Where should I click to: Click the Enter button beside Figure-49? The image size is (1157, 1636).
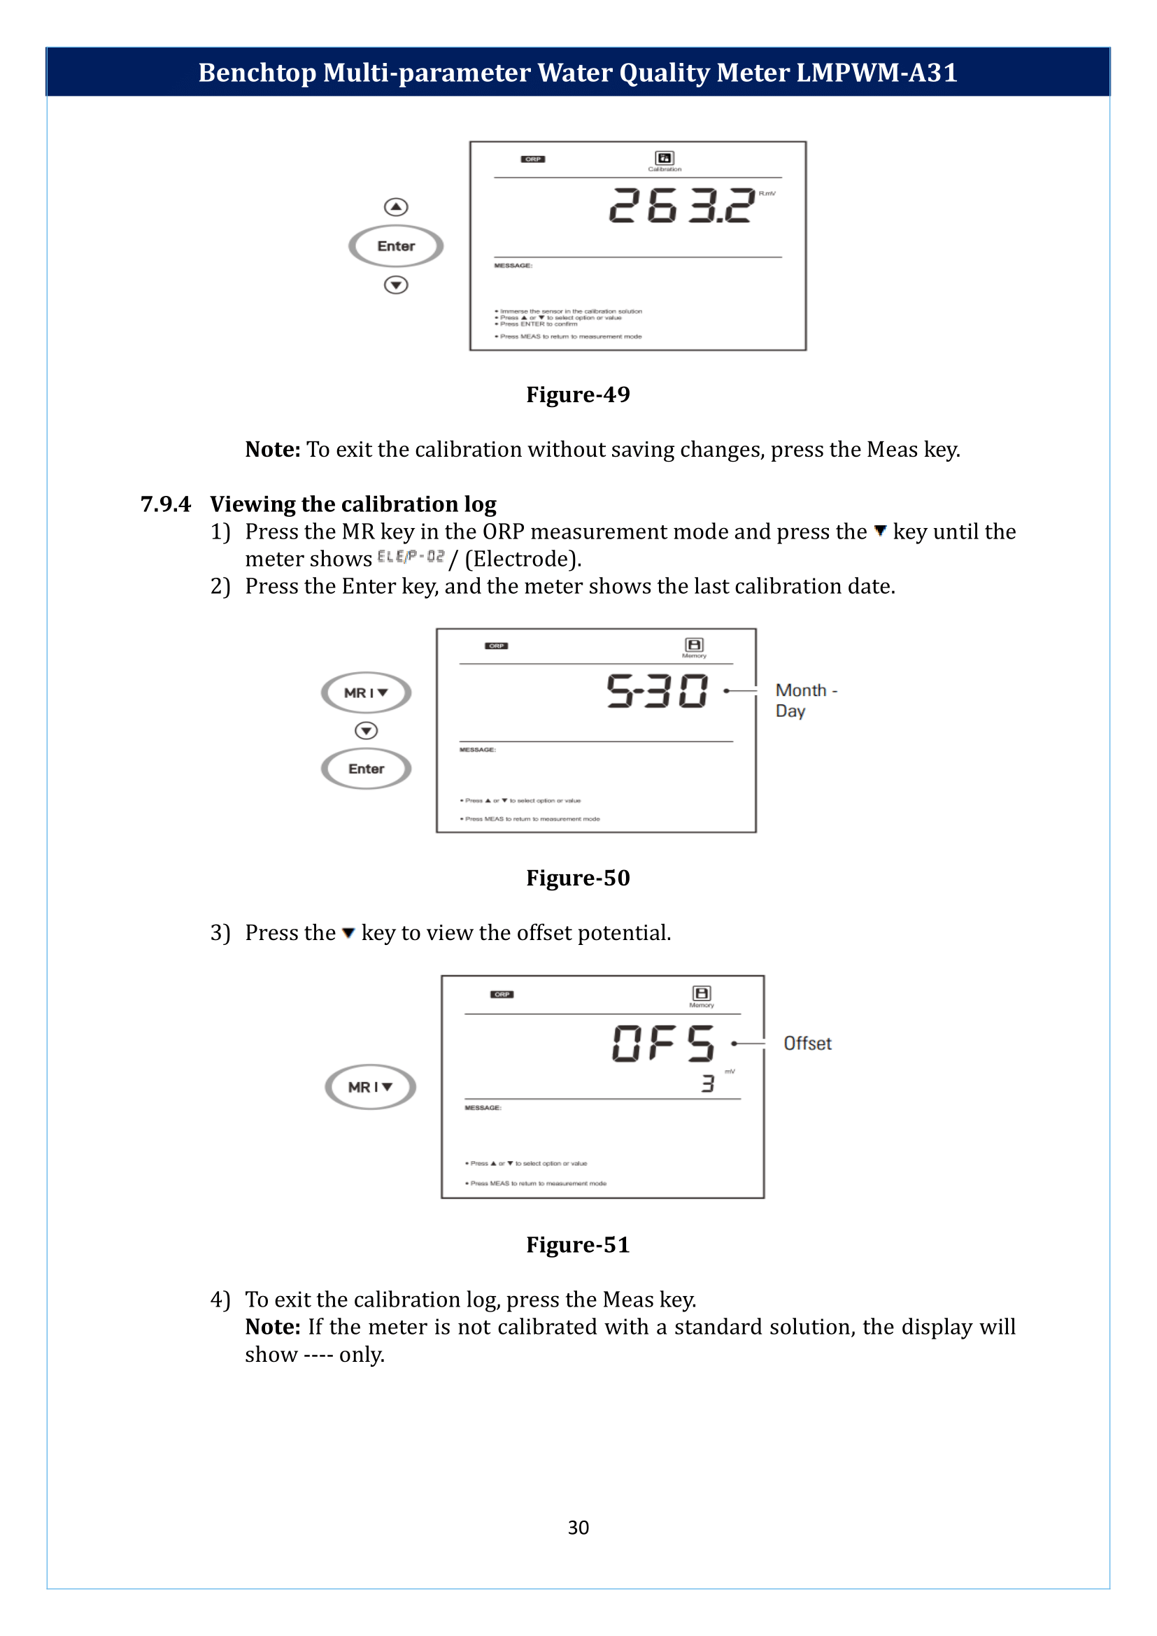point(395,246)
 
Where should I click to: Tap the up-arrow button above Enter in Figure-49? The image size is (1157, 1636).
point(395,206)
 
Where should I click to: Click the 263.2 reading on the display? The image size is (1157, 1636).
point(681,206)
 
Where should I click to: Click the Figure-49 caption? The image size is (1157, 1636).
point(578,394)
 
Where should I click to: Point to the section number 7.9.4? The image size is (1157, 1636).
point(165,504)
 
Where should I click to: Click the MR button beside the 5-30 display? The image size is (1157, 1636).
point(366,692)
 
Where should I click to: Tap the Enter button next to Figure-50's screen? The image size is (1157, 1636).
point(366,769)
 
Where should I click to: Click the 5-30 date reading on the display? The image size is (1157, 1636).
point(657,691)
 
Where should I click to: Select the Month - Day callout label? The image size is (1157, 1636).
point(806,700)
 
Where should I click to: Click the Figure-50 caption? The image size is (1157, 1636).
point(578,877)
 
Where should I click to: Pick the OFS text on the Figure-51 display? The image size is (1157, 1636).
point(662,1043)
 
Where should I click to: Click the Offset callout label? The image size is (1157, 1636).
point(807,1043)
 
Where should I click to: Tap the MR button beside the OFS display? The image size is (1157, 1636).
point(370,1087)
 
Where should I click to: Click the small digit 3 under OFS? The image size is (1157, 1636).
point(707,1083)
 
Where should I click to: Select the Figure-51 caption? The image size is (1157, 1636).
point(578,1244)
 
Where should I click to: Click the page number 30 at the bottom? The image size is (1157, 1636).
point(578,1527)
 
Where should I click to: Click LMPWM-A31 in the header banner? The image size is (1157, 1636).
point(876,73)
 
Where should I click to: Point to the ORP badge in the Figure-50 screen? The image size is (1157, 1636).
point(497,646)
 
